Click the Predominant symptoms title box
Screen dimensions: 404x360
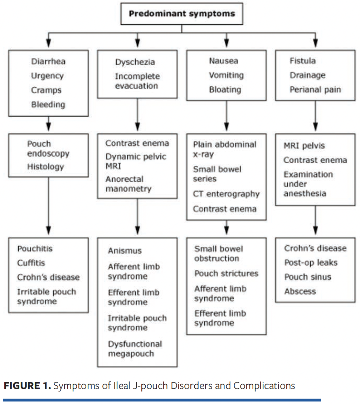click(182, 14)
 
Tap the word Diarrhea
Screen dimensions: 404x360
click(48, 61)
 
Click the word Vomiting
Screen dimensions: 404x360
click(226, 75)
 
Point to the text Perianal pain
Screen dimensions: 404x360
click(315, 90)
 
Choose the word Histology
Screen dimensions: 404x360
click(45, 167)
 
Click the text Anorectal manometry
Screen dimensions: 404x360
click(128, 184)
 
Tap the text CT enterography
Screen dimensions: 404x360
click(226, 194)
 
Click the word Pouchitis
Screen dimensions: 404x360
click(35, 249)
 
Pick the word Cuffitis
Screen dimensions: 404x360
click(31, 263)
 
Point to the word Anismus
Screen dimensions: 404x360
click(125, 251)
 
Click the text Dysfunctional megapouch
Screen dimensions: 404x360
click(135, 348)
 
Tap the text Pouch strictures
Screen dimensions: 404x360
click(226, 274)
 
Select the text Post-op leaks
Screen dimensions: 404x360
click(311, 263)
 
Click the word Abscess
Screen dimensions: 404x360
click(300, 291)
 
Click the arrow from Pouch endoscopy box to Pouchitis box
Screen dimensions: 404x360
click(48, 206)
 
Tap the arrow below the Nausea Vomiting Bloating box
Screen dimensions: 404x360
click(226, 115)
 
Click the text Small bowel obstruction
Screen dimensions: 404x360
click(218, 254)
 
